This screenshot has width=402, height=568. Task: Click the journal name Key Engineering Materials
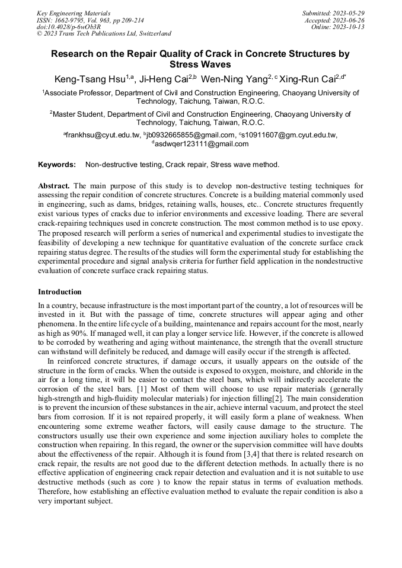pyautogui.click(x=73, y=12)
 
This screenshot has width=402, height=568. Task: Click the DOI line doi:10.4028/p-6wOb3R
pyautogui.click(x=69, y=27)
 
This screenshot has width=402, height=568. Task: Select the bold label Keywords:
pyautogui.click(x=57, y=165)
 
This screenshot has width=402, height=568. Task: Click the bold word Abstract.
pyautogui.click(x=55, y=185)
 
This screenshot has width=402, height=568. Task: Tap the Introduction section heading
pyautogui.click(x=60, y=292)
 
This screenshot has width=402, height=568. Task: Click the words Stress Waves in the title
pyautogui.click(x=200, y=64)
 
